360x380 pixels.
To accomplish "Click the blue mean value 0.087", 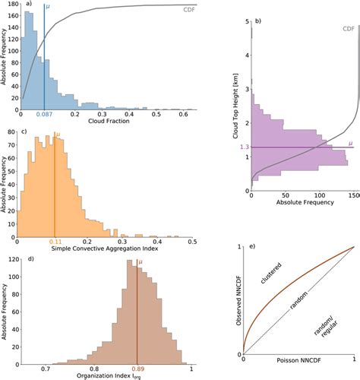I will [45, 114].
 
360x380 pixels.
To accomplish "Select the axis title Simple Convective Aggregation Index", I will [106, 250].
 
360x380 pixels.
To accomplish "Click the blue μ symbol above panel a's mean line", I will [49, 6].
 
